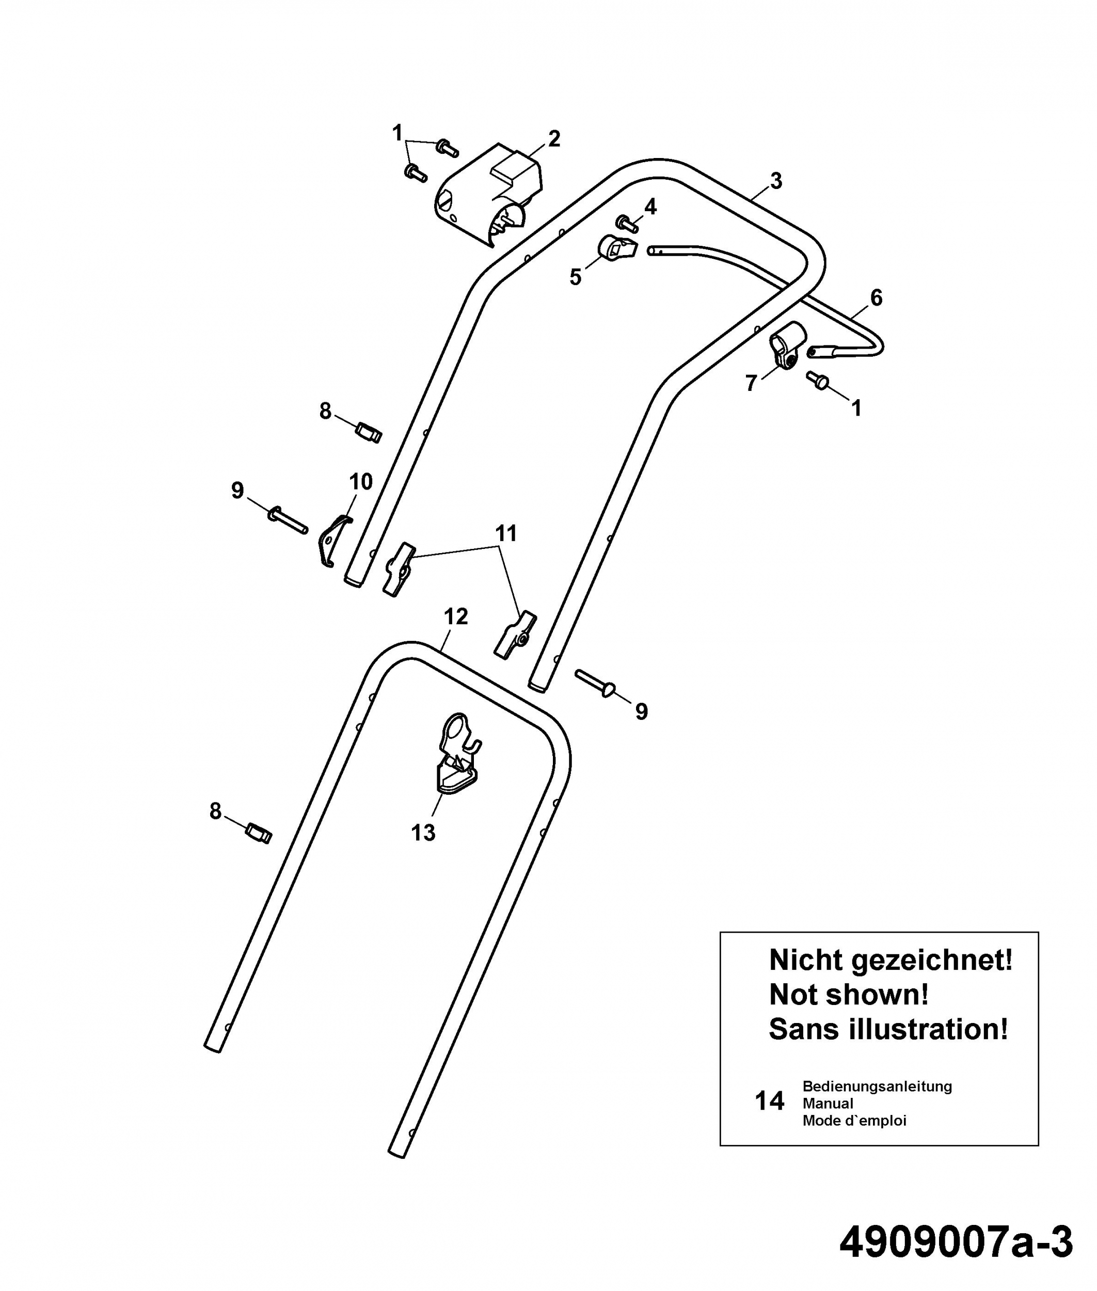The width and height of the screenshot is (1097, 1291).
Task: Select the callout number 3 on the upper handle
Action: pyautogui.click(x=775, y=181)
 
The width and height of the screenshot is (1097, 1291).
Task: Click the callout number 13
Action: pyautogui.click(x=423, y=832)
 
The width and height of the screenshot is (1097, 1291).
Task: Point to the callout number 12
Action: pyautogui.click(x=456, y=617)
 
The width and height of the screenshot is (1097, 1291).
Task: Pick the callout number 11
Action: pyautogui.click(x=506, y=533)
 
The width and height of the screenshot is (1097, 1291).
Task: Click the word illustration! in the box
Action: pyautogui.click(x=927, y=1029)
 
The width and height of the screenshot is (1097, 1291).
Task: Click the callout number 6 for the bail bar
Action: pyautogui.click(x=876, y=298)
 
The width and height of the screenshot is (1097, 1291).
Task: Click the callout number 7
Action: pyautogui.click(x=751, y=383)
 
